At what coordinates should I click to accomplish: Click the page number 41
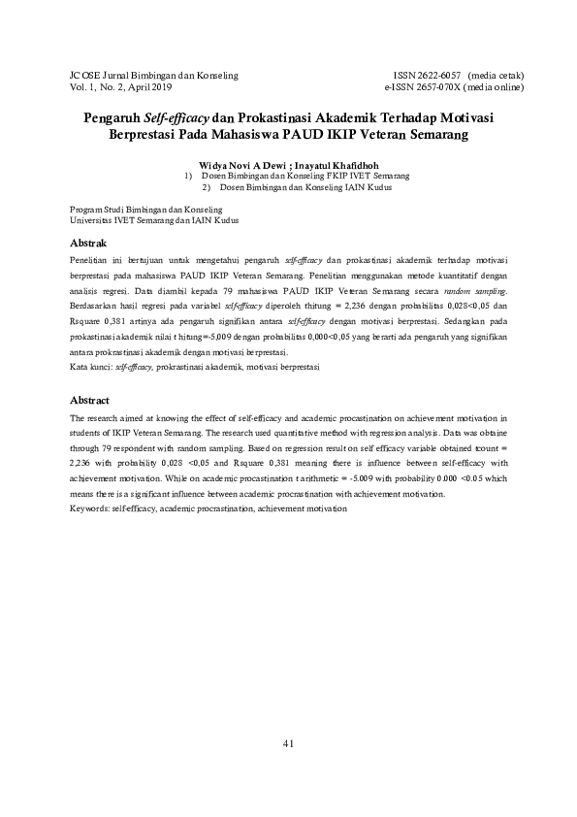coord(288,743)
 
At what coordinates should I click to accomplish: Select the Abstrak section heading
coord(88,242)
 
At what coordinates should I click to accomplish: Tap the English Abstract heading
coord(90,400)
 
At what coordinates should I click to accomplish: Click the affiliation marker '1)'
coord(188,177)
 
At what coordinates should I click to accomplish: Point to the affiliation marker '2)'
coord(207,187)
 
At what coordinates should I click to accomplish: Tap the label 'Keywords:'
coord(90,508)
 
